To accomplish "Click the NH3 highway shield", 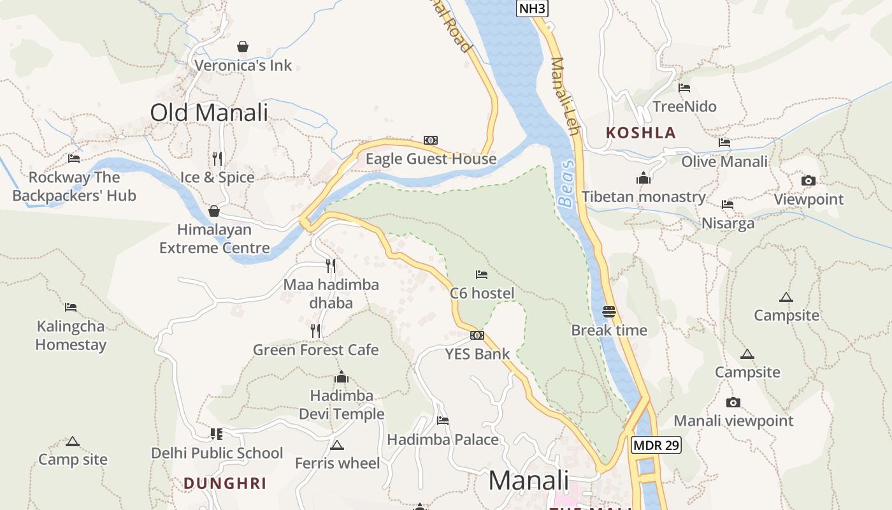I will click(x=532, y=8).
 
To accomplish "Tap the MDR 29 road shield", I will click(x=656, y=445).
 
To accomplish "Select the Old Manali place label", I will click(x=209, y=113).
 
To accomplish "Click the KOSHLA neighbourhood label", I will click(x=640, y=133).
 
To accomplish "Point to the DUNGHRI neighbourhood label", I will click(x=225, y=483).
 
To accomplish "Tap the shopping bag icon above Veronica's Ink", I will click(x=242, y=47).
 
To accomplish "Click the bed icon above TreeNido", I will click(x=684, y=88).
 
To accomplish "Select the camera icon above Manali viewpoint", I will click(x=733, y=402).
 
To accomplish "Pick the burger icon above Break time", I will click(x=608, y=312).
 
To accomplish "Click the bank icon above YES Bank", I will click(x=477, y=335).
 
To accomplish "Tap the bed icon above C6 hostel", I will click(x=482, y=275).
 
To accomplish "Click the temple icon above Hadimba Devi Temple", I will click(x=342, y=377).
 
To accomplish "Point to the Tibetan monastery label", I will click(x=644, y=196).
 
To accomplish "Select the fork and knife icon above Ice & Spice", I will click(x=217, y=158).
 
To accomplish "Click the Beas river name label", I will click(x=566, y=184).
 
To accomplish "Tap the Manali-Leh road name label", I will click(x=565, y=96).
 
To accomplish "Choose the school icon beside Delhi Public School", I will click(x=217, y=434).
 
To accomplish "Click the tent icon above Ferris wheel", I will click(x=336, y=445).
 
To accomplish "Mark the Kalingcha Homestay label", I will click(x=71, y=335).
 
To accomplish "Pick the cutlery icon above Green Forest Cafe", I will click(x=315, y=330).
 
